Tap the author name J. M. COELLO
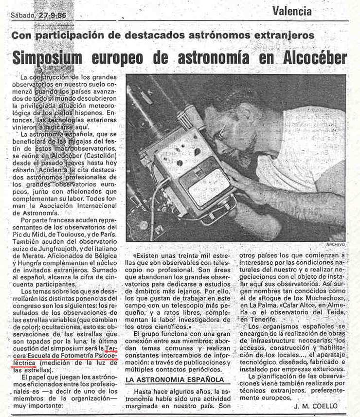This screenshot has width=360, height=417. click(x=315, y=406)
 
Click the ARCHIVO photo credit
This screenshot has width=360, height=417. click(x=335, y=244)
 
